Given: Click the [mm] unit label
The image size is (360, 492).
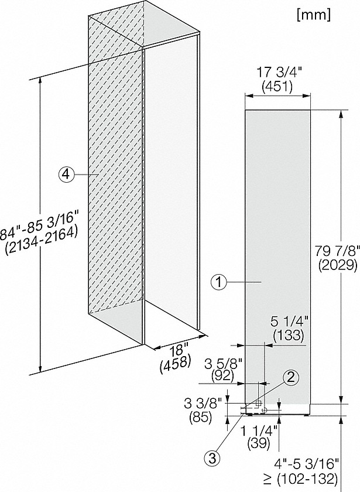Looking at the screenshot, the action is point(314,15).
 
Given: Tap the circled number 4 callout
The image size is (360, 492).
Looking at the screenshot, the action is point(66,174).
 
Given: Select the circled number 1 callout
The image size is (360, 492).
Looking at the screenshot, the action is point(218,283).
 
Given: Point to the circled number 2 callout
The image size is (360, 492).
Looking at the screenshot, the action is point(291,377).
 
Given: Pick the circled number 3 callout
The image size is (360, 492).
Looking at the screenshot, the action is point(212,459).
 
